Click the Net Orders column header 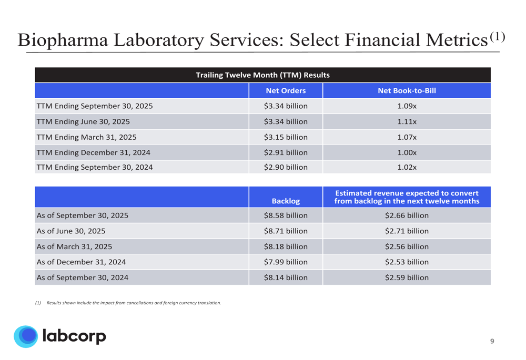286,91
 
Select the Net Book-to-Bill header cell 407,91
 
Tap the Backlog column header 286,201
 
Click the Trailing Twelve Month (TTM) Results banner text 262,75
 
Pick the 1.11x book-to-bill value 407,122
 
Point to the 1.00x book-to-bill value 407,153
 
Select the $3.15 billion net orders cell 286,138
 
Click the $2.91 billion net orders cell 286,153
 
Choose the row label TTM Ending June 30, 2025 83,122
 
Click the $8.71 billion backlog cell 286,231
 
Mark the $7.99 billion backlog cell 286,262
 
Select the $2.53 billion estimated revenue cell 407,262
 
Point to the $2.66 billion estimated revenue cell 407,215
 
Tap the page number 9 492,342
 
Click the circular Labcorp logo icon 25,337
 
